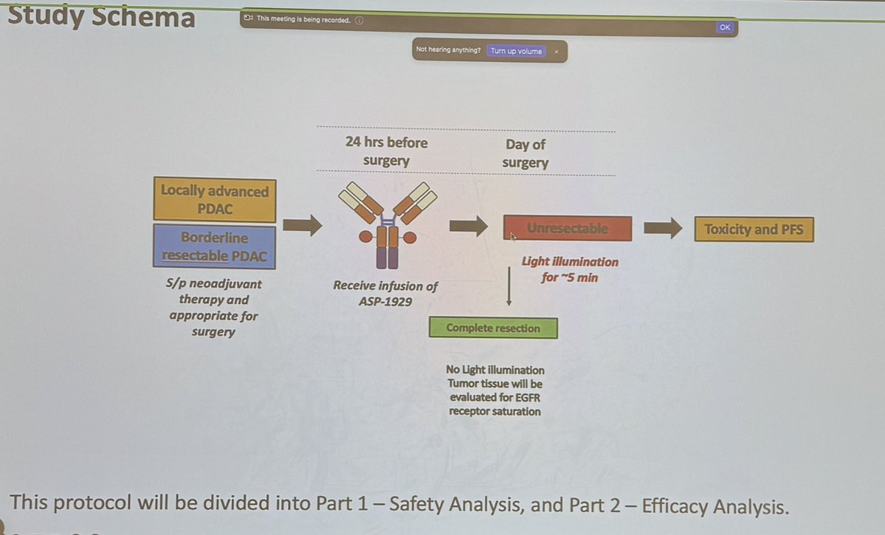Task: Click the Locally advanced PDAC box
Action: click(215, 199)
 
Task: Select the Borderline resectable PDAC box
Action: click(215, 246)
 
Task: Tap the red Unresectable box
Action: click(567, 228)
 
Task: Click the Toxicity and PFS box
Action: click(754, 229)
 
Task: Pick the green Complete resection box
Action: click(493, 328)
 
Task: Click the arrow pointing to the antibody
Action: click(303, 225)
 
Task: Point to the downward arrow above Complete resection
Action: click(509, 287)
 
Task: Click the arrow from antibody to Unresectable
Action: click(469, 226)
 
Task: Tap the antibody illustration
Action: click(388, 224)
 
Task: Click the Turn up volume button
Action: click(516, 51)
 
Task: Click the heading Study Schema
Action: click(101, 15)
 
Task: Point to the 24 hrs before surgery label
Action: click(387, 151)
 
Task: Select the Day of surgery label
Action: click(526, 153)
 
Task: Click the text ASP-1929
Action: click(385, 301)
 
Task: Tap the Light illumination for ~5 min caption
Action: click(570, 269)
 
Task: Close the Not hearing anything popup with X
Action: click(557, 52)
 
